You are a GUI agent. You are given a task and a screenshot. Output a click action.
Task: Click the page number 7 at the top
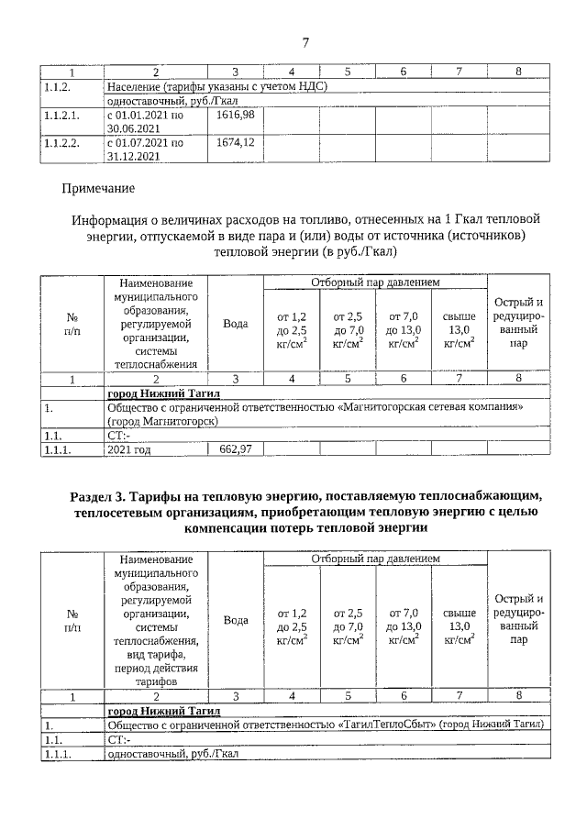coord(305,41)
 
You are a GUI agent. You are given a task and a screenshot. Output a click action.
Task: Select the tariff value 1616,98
coord(236,115)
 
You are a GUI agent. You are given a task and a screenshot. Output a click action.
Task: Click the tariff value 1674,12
coord(236,142)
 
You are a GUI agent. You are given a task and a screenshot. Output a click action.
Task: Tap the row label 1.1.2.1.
coord(62,116)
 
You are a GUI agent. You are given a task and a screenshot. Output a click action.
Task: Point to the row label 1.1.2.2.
coord(62,143)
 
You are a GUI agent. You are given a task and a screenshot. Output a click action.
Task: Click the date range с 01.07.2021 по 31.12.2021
coord(146,149)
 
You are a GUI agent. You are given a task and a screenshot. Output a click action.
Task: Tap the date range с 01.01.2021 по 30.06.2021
coord(146,122)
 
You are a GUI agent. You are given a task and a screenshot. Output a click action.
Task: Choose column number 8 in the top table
coord(518,72)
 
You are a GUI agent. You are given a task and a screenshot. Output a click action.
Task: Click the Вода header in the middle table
coord(236,323)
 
